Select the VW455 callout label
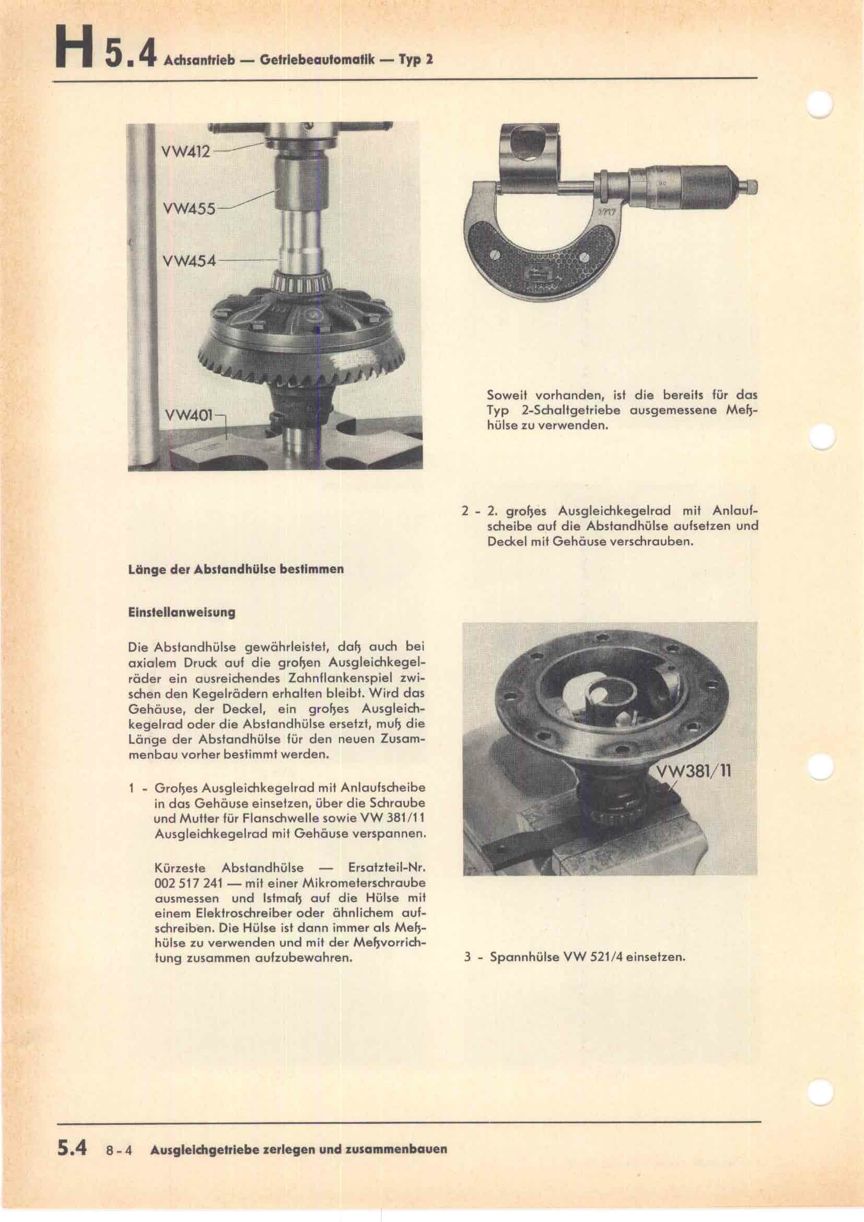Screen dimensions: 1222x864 tap(189, 208)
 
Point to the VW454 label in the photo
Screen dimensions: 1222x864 tap(190, 261)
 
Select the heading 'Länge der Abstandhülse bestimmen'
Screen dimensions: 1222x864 tap(236, 569)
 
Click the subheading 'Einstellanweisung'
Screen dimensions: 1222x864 tap(181, 612)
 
